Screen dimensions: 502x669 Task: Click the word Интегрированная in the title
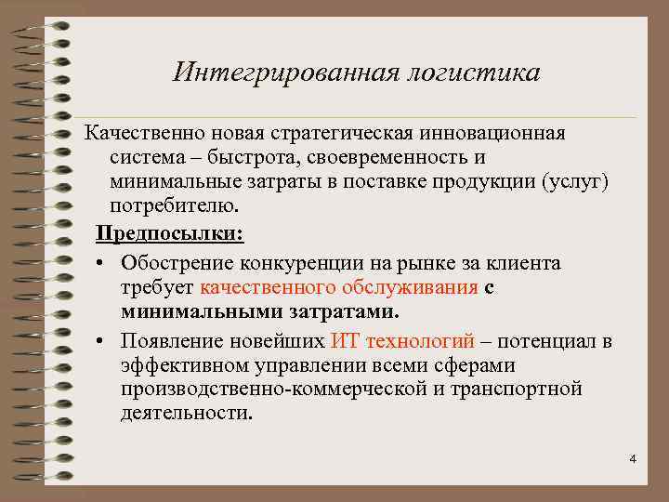coord(284,73)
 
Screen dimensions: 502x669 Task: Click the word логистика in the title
coord(470,73)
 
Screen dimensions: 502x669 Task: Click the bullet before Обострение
coord(98,265)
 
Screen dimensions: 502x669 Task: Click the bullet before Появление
coord(98,342)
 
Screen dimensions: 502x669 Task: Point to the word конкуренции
coord(301,263)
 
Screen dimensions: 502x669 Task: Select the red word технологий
coord(422,341)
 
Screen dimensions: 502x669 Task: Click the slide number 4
coord(633,459)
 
